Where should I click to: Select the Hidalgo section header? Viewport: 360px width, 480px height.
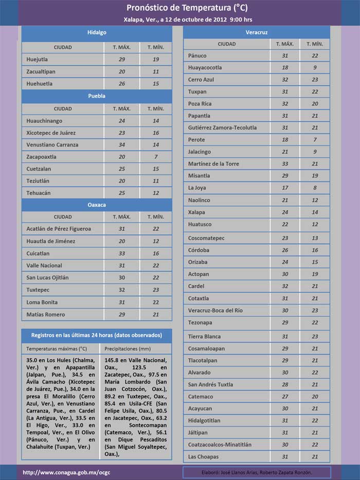coord(97,32)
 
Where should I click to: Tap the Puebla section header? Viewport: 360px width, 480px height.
coord(97,96)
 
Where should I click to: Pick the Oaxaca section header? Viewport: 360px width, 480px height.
coord(97,205)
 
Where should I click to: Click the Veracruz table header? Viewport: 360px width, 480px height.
coord(257,32)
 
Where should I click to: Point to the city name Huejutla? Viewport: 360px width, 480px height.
coord(40,60)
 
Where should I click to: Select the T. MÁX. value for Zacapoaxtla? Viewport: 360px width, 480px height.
coord(122,157)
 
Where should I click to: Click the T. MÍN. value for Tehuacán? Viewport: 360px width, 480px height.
coord(155,193)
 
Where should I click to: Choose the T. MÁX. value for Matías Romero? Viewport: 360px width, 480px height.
coord(122,314)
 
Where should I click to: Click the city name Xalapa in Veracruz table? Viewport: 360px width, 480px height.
coord(196,212)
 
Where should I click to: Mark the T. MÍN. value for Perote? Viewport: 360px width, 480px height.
coord(315,140)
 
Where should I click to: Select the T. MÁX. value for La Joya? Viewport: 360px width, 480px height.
coord(285,188)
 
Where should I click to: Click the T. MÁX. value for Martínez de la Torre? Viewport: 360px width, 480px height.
coord(285,164)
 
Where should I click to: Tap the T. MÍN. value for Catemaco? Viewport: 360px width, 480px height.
coord(315,397)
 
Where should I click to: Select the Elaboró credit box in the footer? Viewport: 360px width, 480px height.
coord(257,472)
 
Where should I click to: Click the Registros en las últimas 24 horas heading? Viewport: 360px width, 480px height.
coord(97,335)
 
